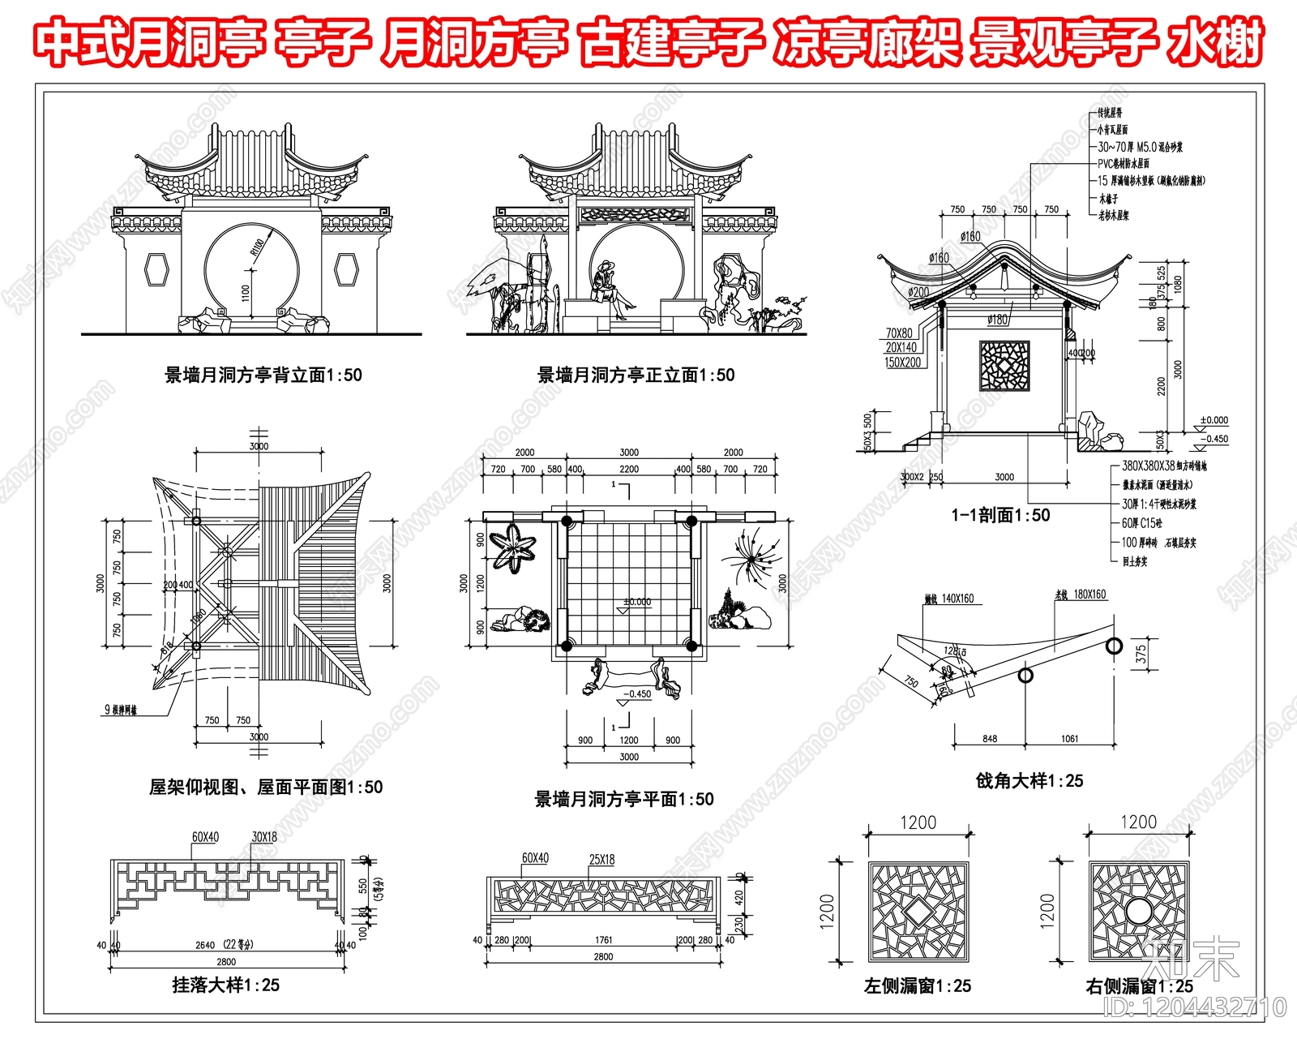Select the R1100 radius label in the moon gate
[258, 247]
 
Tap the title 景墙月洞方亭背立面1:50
[263, 376]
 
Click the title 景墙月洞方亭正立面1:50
[636, 376]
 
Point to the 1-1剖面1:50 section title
[1000, 516]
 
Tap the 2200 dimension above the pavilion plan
[628, 469]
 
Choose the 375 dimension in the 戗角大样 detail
[1141, 655]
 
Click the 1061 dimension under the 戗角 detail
[1069, 739]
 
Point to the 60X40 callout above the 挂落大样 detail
[205, 837]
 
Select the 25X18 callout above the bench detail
[601, 860]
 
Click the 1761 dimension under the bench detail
[603, 940]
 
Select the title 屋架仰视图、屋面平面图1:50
[266, 788]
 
